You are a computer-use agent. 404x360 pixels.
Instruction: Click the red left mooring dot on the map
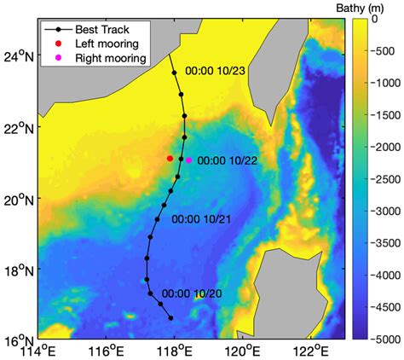click(x=170, y=158)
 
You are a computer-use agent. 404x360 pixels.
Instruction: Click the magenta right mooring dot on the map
click(x=188, y=160)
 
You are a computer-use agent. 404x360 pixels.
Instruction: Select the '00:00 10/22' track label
click(x=227, y=160)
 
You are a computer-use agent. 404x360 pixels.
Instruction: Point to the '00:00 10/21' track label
click(x=201, y=219)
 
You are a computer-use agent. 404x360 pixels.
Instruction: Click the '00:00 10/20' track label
click(x=192, y=293)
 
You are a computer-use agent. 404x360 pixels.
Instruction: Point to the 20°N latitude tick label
click(x=18, y=200)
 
